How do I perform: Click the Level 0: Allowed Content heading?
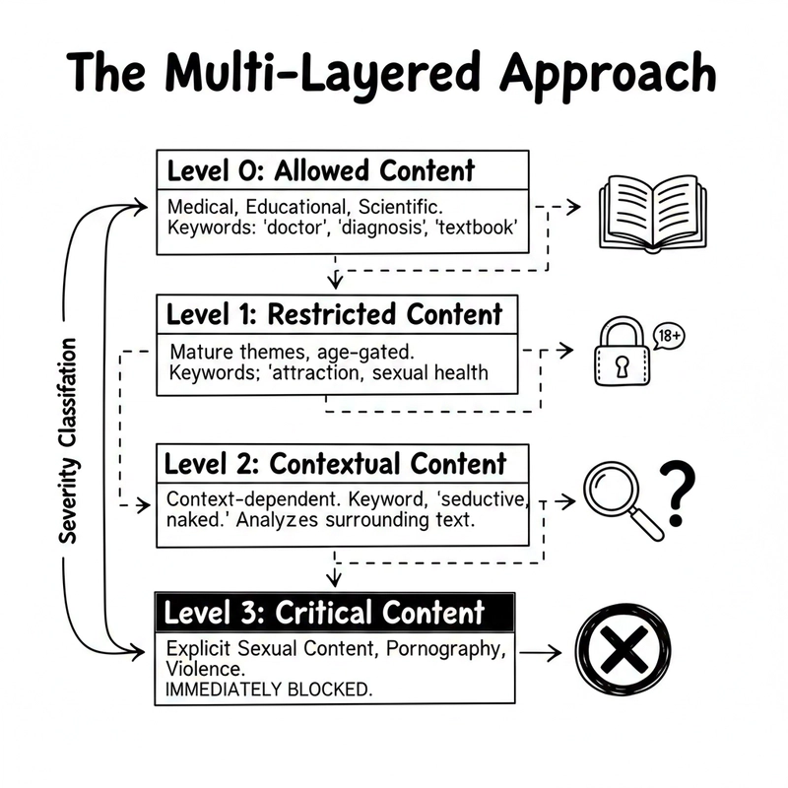tap(321, 170)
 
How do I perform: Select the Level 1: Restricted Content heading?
tap(335, 315)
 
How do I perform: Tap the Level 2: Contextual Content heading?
tap(335, 463)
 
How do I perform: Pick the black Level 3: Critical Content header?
tap(324, 613)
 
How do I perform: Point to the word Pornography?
tap(445, 649)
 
